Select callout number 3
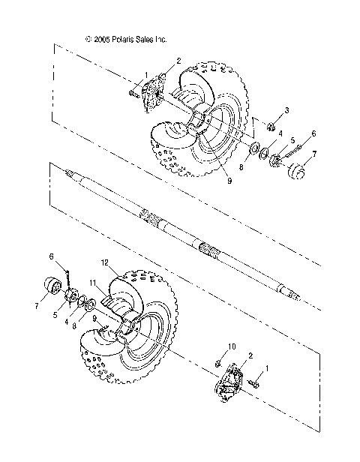[x=285, y=110]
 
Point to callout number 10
[x=232, y=346]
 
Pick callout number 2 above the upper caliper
[x=178, y=59]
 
